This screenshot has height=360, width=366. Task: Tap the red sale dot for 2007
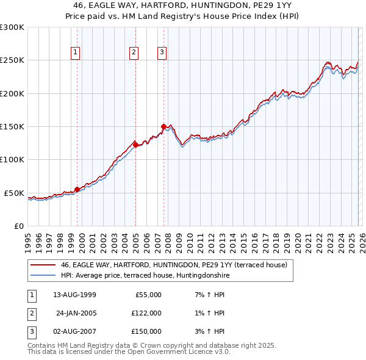pyautogui.click(x=163, y=126)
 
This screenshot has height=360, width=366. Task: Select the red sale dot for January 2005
pyautogui.click(x=135, y=145)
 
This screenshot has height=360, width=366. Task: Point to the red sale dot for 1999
pyautogui.click(x=77, y=189)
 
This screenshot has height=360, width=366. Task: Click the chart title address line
pyautogui.click(x=182, y=4)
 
